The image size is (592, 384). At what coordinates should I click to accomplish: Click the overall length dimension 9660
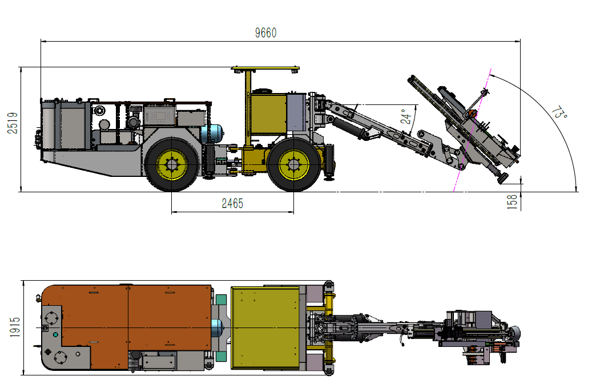point(266,33)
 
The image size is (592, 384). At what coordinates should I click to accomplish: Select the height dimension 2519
point(13,123)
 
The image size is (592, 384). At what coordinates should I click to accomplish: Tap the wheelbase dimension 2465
point(232,203)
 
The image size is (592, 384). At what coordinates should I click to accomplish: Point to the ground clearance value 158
point(512,201)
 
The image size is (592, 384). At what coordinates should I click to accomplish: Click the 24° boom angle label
point(406,116)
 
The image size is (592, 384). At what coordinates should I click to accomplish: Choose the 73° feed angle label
point(559,113)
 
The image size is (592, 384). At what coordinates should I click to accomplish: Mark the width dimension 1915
point(15,327)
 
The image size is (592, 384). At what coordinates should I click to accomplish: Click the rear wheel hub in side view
point(172,165)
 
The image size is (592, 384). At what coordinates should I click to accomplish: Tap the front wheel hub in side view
point(294,164)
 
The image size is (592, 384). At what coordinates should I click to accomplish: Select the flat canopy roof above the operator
point(265,68)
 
